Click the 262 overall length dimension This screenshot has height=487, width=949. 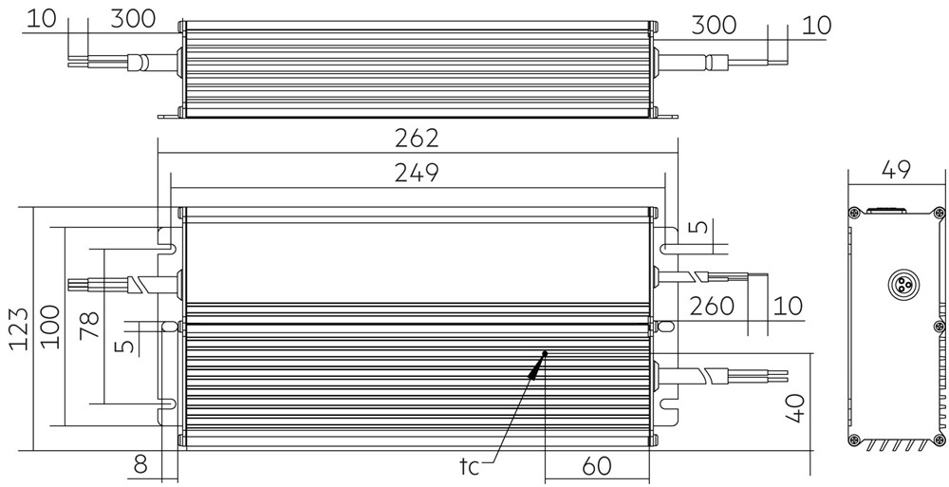(x=417, y=139)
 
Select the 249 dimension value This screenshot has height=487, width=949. (x=417, y=173)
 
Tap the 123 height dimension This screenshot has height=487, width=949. (x=19, y=328)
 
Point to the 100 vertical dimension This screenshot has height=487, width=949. (x=50, y=327)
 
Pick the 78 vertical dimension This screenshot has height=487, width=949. (x=89, y=326)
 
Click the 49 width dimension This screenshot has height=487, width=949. (x=897, y=170)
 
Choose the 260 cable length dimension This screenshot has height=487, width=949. (x=712, y=307)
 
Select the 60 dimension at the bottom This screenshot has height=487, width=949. (x=597, y=466)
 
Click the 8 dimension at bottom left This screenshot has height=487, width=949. (x=140, y=465)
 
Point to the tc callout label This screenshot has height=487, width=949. (x=469, y=466)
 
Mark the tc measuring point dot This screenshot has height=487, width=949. (x=545, y=353)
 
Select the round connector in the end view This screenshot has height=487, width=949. (x=901, y=285)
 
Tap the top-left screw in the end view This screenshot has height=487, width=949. (x=853, y=213)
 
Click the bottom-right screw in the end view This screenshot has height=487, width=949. (x=939, y=440)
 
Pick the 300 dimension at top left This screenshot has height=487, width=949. (x=133, y=19)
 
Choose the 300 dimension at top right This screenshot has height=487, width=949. (x=715, y=26)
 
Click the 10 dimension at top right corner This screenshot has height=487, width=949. (x=816, y=26)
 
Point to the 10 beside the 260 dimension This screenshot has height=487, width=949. (x=788, y=307)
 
